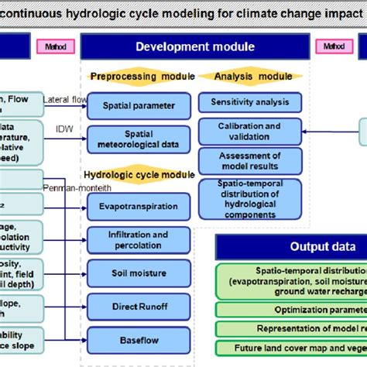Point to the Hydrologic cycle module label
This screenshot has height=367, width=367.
click(x=139, y=175)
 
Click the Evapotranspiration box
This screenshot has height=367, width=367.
click(x=138, y=206)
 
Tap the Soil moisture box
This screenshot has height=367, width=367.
click(x=138, y=273)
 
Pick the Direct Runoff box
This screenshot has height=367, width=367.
click(x=138, y=307)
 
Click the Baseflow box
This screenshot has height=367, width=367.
click(x=138, y=339)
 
